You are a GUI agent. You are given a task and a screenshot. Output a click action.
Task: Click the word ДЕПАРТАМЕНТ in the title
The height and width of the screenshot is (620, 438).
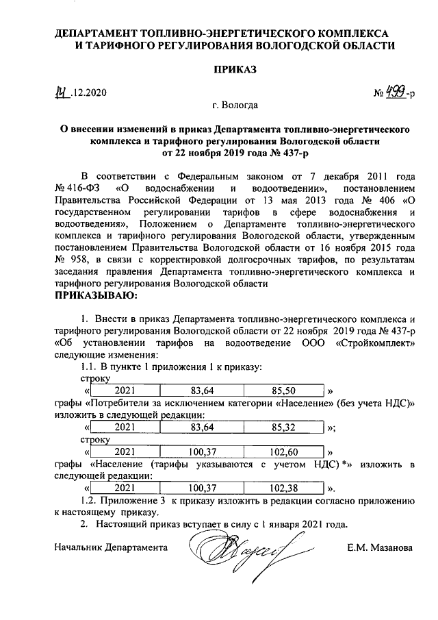(96, 32)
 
